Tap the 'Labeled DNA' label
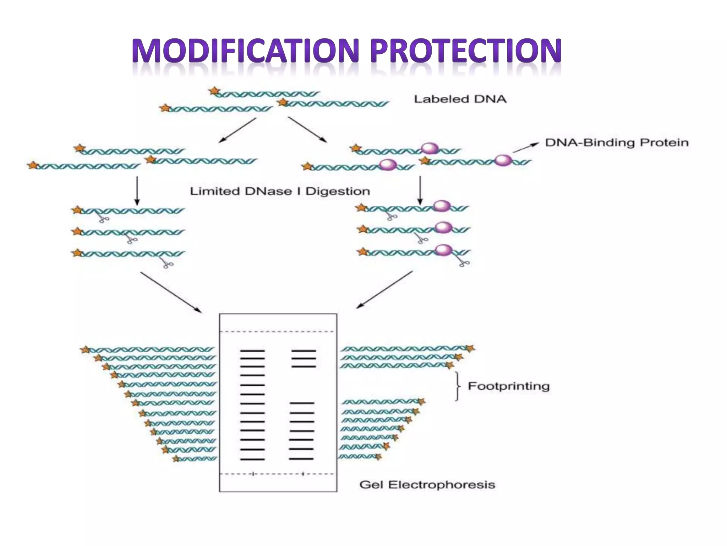[460, 99]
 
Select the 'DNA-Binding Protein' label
[617, 143]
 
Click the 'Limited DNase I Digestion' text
[280, 191]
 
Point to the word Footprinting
[508, 386]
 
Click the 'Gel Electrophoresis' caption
[427, 485]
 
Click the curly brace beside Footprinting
[458, 386]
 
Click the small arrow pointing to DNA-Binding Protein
[525, 148]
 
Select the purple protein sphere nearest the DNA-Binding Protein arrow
[503, 160]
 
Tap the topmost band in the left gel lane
[252, 351]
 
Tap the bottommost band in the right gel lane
[301, 459]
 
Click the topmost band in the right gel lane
[304, 351]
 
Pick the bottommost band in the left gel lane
[252, 459]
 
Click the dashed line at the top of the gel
[278, 332]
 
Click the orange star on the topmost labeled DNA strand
[214, 91]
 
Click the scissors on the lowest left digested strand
[167, 263]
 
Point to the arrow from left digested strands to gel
[171, 292]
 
